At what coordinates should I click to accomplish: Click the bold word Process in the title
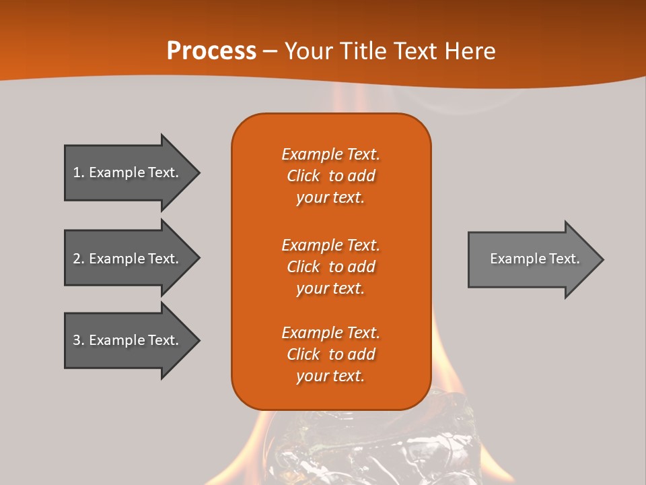click(211, 51)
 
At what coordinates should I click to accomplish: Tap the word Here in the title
click(470, 51)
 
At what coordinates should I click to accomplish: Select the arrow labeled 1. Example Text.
click(128, 172)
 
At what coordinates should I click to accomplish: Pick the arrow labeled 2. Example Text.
click(128, 258)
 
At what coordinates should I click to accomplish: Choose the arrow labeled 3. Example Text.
click(128, 340)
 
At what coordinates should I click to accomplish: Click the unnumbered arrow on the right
click(532, 259)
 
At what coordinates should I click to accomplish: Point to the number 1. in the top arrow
click(79, 172)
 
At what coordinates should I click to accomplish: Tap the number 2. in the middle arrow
click(79, 259)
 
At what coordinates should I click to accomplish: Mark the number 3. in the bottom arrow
click(79, 340)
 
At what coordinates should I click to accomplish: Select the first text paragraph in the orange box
click(330, 176)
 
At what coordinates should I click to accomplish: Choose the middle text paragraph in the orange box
click(330, 266)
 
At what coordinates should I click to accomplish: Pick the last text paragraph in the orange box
click(330, 354)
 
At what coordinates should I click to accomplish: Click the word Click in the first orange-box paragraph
click(303, 176)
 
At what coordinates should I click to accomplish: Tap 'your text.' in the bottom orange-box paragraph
click(330, 377)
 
